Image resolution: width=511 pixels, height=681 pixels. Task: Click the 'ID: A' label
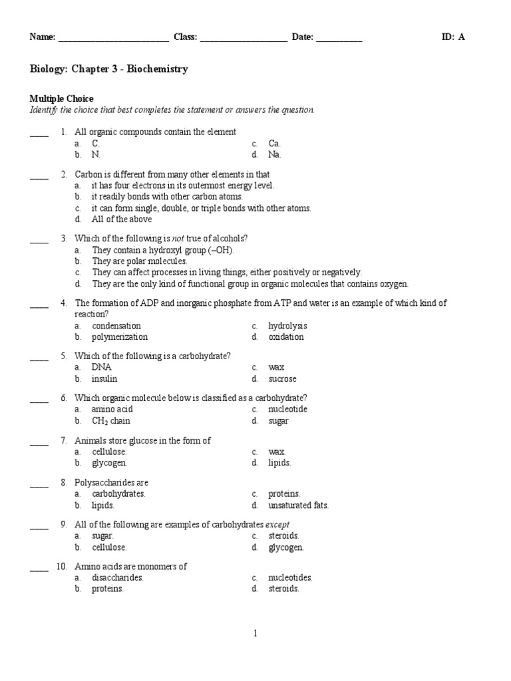(453, 37)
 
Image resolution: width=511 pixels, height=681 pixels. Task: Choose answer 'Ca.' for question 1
(275, 143)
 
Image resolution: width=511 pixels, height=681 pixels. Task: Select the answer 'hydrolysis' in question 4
(287, 326)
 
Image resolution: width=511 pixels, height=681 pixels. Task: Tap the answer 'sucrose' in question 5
(282, 378)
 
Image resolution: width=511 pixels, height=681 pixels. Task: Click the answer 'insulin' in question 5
(104, 378)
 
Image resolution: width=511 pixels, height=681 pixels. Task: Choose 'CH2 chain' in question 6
(110, 421)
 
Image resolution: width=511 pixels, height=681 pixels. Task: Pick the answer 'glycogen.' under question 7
(109, 463)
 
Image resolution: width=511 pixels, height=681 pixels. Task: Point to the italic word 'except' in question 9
(277, 524)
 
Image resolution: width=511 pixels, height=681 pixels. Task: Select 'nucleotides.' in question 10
(290, 577)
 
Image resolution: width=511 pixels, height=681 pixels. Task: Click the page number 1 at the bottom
(255, 633)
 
